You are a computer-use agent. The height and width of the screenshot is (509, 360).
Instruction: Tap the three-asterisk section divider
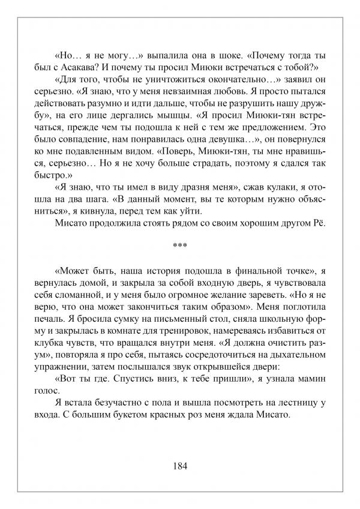point(180,245)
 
